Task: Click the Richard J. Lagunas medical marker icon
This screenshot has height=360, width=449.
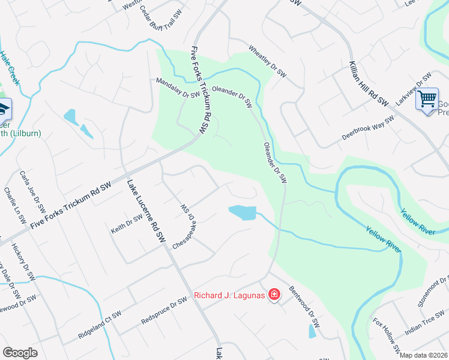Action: [x=274, y=295]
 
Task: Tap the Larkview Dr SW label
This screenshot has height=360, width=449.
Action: [x=414, y=90]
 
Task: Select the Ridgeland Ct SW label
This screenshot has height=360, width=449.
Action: [x=99, y=324]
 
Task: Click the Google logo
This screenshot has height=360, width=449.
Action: [x=20, y=353]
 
